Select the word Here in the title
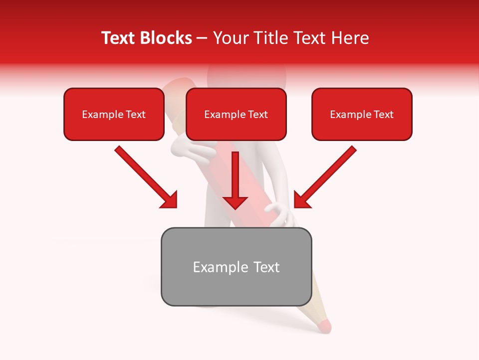coord(349,38)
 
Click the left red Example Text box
coord(114,114)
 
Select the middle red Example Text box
coord(236,114)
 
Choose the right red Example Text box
coord(362,114)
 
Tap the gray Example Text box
coord(236,267)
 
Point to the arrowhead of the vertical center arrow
coord(235,201)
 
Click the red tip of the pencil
coord(324,325)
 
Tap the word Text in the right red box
coord(383,114)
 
